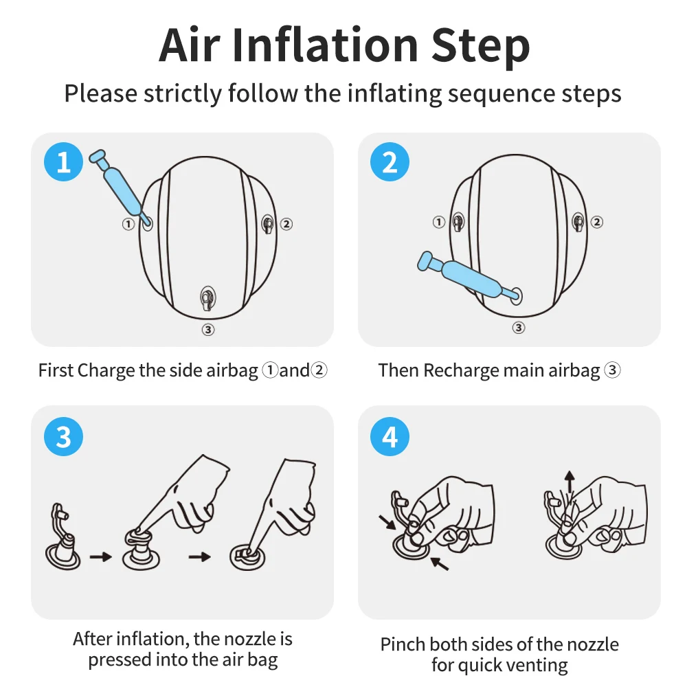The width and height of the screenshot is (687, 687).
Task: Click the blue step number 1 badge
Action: click(x=63, y=161)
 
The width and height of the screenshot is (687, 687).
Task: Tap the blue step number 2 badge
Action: click(x=390, y=161)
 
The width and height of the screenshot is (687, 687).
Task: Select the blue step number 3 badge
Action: click(x=63, y=436)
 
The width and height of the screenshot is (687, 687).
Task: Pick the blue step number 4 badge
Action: click(x=390, y=436)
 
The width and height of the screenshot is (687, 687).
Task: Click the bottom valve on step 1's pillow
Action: click(x=207, y=298)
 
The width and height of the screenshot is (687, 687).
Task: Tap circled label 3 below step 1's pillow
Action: click(x=208, y=330)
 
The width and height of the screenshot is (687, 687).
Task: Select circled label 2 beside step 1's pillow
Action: click(x=286, y=224)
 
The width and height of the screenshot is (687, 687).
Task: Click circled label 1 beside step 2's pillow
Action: click(x=438, y=222)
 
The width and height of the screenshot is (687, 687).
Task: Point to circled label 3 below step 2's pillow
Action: click(x=518, y=328)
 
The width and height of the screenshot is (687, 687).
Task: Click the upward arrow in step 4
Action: click(x=570, y=482)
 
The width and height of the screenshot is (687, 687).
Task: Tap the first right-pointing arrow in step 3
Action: click(x=101, y=557)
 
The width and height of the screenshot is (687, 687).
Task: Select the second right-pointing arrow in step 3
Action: click(x=199, y=557)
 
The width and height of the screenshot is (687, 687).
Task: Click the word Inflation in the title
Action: click(x=325, y=45)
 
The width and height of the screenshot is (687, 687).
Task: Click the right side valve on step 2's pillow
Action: click(x=578, y=222)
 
